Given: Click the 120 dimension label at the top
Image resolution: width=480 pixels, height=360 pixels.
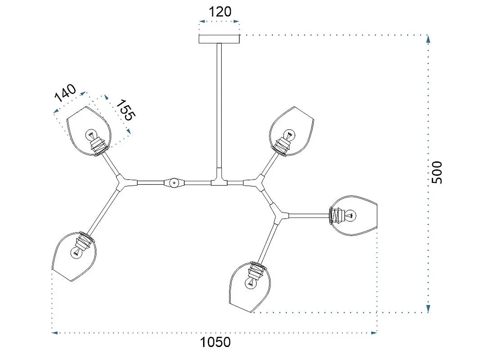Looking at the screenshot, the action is tap(219, 12).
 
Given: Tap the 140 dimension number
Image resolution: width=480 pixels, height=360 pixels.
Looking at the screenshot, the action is tap(65, 93).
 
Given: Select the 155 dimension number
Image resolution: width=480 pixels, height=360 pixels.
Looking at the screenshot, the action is tap(125, 110).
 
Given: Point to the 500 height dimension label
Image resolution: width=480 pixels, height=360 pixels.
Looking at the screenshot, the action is tap(437, 172).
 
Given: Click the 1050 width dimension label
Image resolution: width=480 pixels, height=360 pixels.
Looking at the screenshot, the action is tap(215, 342).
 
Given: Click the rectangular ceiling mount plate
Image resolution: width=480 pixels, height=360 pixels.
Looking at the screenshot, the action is tap(219, 39).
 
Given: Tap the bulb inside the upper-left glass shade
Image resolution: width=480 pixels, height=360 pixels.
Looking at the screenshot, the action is tap(91, 135).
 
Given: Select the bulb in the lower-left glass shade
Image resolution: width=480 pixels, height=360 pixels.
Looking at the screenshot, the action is tap(76, 253).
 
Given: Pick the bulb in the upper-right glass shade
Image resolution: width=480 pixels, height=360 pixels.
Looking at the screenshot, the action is tap(289, 135).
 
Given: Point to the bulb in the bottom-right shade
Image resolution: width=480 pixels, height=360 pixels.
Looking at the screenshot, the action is tap(251, 283).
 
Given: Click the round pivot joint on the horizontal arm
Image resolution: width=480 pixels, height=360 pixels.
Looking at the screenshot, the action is tap(174, 183).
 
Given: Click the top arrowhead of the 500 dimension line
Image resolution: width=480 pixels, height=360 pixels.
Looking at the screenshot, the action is tap(428, 39).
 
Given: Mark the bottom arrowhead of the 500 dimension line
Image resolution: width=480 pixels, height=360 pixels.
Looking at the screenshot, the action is tap(428, 309).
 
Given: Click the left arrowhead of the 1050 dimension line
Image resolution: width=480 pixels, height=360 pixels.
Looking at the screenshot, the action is tap(55, 333).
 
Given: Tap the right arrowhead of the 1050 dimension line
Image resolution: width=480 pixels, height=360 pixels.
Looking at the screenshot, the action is tap(374, 333).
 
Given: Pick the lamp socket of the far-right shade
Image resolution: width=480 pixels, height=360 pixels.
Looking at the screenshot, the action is tap(336, 216).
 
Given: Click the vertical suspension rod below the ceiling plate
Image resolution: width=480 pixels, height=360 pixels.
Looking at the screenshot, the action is tap(219, 106).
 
